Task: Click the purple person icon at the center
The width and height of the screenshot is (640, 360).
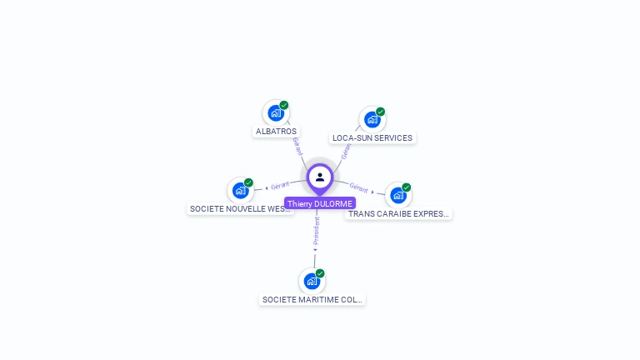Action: pyautogui.click(x=320, y=177)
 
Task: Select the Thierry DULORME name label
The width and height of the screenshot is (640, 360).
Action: pyautogui.click(x=320, y=203)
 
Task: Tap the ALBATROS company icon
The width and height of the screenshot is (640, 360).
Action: pyautogui.click(x=275, y=113)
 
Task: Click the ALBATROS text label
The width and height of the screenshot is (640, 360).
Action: pyautogui.click(x=276, y=132)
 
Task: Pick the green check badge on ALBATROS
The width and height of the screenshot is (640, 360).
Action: pyautogui.click(x=284, y=105)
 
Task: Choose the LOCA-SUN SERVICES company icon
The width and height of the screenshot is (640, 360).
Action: pyautogui.click(x=372, y=119)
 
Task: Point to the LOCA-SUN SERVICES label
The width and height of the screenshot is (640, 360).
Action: pyautogui.click(x=372, y=138)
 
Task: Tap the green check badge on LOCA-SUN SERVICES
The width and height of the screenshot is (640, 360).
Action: pyautogui.click(x=381, y=112)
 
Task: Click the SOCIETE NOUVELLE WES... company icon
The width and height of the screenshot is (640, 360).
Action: pyautogui.click(x=240, y=190)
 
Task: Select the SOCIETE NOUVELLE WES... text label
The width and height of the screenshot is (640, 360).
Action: pyautogui.click(x=241, y=209)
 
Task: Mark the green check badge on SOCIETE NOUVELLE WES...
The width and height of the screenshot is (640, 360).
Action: pyautogui.click(x=248, y=182)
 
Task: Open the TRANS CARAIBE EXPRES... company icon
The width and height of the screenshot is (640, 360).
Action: pyautogui.click(x=397, y=195)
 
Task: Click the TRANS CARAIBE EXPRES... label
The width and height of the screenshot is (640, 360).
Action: pyautogui.click(x=398, y=214)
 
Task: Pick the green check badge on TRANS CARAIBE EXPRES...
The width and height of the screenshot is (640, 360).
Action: pyautogui.click(x=407, y=187)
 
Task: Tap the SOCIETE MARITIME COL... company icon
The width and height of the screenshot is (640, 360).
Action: pyautogui.click(x=311, y=281)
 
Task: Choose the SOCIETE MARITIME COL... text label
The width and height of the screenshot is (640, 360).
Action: pyautogui.click(x=312, y=299)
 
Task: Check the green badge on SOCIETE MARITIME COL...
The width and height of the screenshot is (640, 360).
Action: pyautogui.click(x=320, y=273)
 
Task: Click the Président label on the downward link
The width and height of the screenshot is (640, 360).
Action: pyautogui.click(x=316, y=232)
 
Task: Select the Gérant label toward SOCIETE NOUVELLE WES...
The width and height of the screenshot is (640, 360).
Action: pyautogui.click(x=279, y=185)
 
